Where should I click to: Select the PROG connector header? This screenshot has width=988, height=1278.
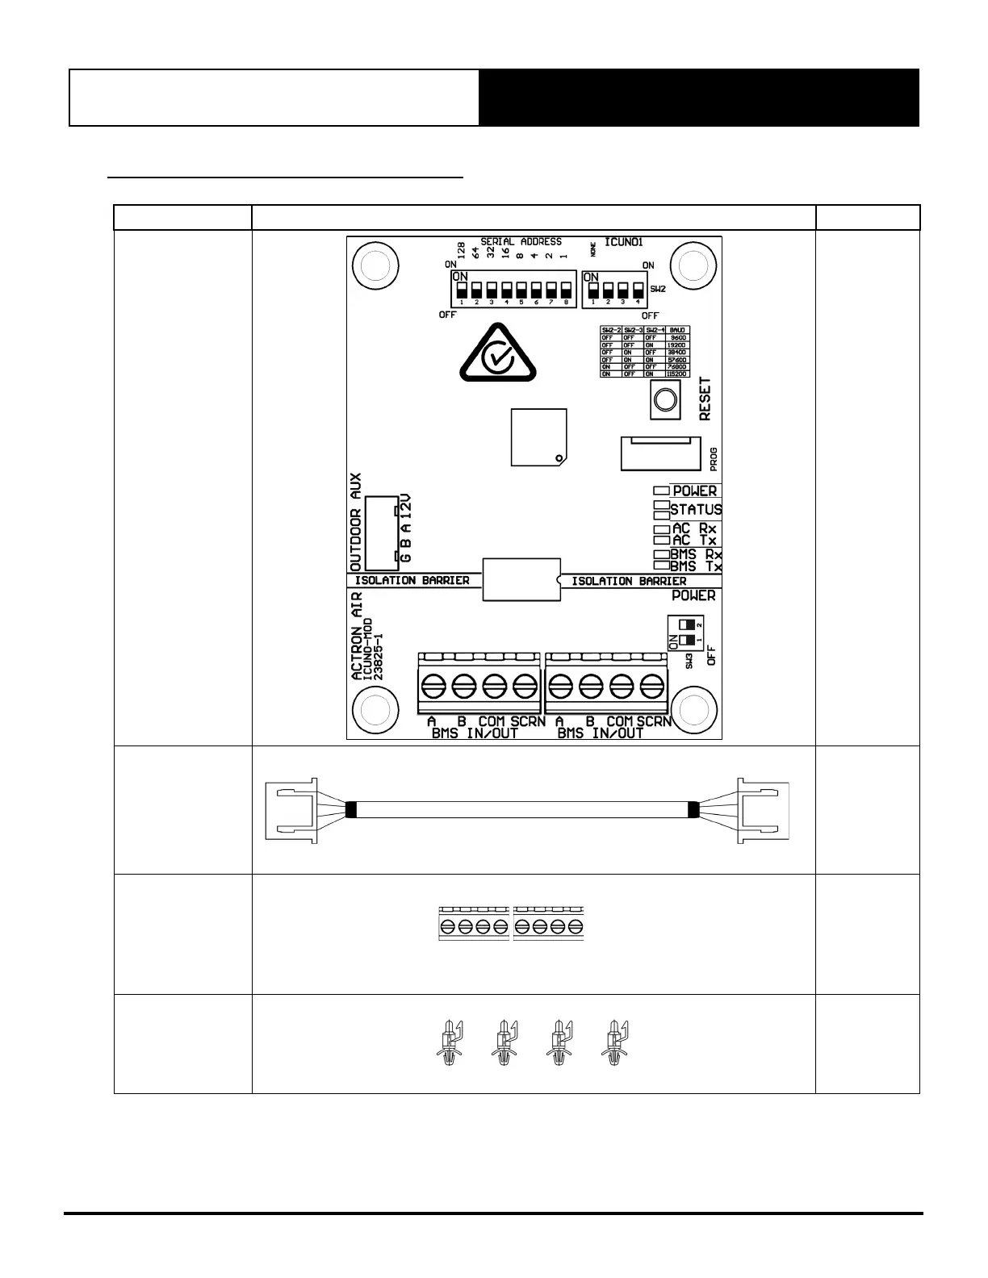tap(659, 453)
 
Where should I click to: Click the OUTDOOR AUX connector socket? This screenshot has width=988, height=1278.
tap(379, 532)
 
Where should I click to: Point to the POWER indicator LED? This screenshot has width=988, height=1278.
tap(661, 491)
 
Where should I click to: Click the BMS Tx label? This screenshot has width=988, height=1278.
tap(696, 567)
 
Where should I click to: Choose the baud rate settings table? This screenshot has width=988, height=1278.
tap(644, 352)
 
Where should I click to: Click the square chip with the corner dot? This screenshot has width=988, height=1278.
tap(538, 437)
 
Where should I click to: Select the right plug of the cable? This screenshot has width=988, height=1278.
tap(762, 810)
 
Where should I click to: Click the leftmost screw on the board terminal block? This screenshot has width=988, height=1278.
tap(433, 687)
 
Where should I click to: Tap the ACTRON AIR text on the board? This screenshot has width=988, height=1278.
tap(358, 636)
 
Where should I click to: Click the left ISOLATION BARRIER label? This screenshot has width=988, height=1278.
tap(412, 580)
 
